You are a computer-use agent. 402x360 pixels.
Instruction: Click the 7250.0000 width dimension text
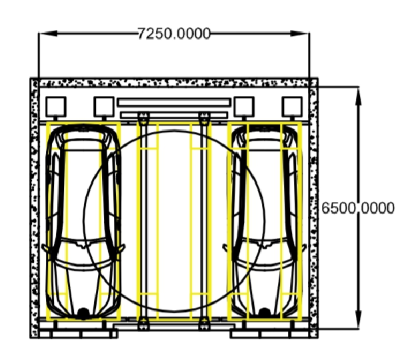pos(174,33)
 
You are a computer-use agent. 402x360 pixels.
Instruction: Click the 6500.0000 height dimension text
pos(357,208)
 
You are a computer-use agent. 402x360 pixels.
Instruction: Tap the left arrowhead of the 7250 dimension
pos(48,33)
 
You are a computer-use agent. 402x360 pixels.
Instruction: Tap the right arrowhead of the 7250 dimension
pos(300,33)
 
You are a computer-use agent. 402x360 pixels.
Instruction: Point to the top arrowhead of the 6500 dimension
pos(359,96)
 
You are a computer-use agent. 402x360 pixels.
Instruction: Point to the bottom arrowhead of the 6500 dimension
pos(359,319)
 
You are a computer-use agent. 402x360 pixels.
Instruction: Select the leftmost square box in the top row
pos(56,107)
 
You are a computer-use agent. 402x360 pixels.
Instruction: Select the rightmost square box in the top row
pos(292,107)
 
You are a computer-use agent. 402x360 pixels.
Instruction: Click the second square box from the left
pos(104,107)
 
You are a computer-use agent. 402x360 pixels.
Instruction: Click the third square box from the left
pos(244,107)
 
